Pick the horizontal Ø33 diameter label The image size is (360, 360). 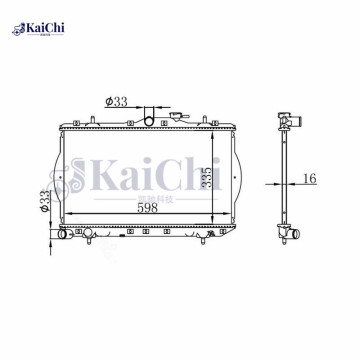click(117, 100)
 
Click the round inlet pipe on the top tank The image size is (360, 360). click(150, 121)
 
